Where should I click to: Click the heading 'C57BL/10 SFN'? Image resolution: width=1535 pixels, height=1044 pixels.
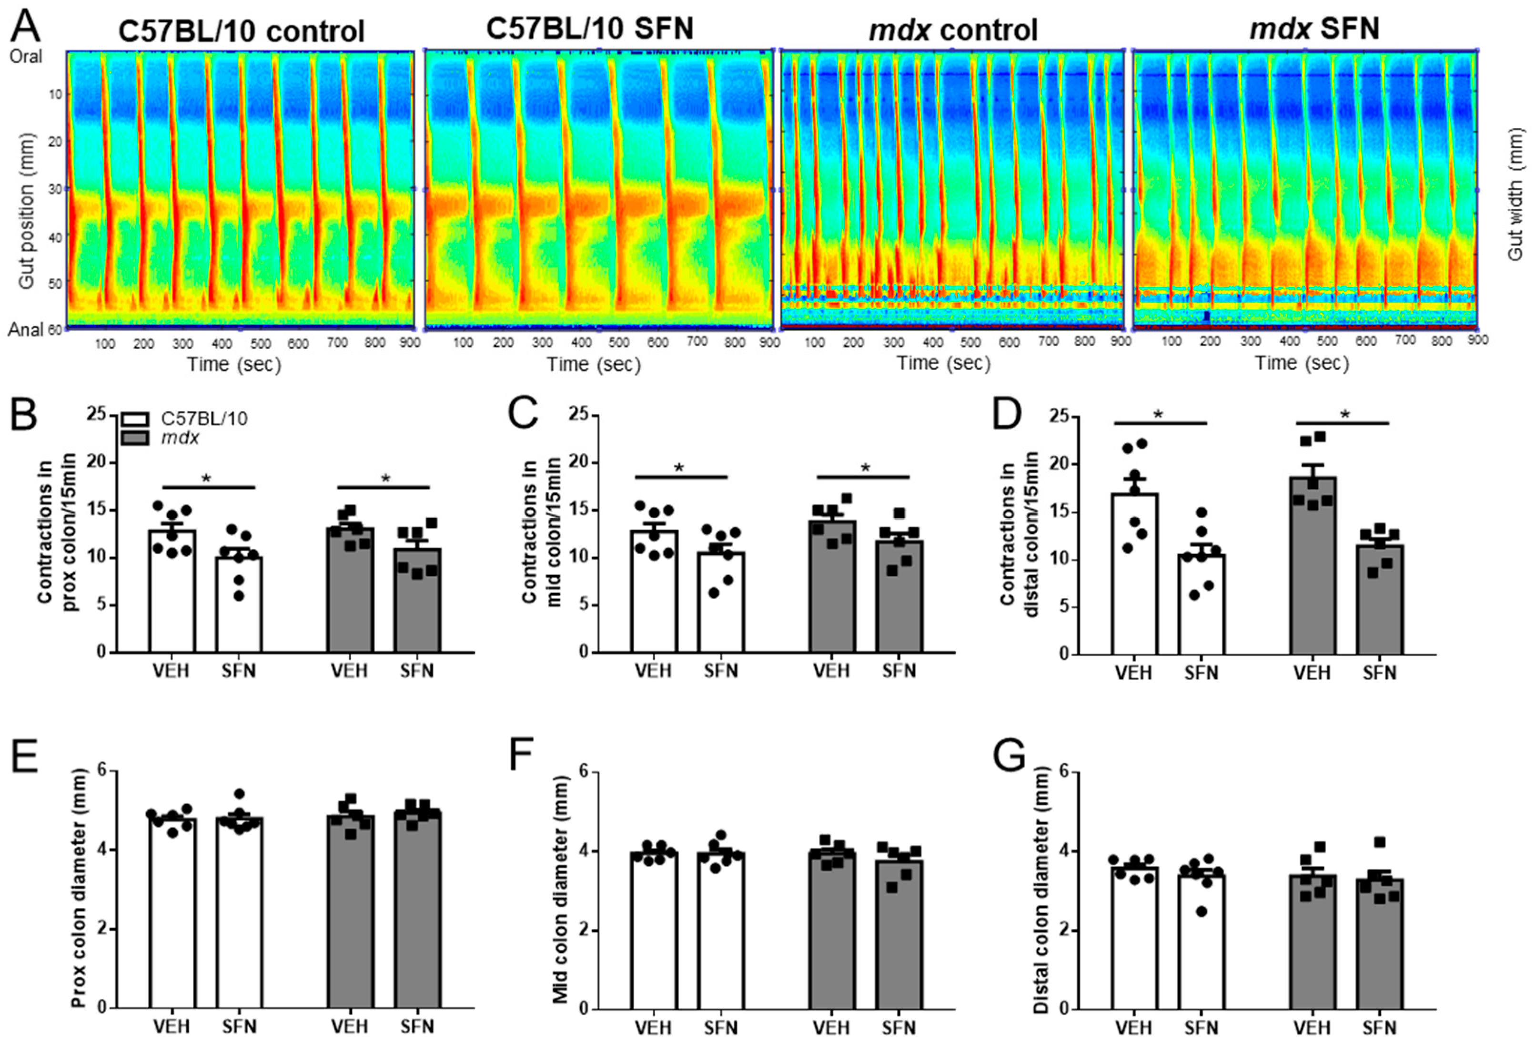coord(590,29)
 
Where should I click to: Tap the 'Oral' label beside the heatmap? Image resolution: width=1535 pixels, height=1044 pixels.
coord(26,57)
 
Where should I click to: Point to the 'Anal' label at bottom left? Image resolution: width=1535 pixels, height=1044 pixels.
coord(26,329)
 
